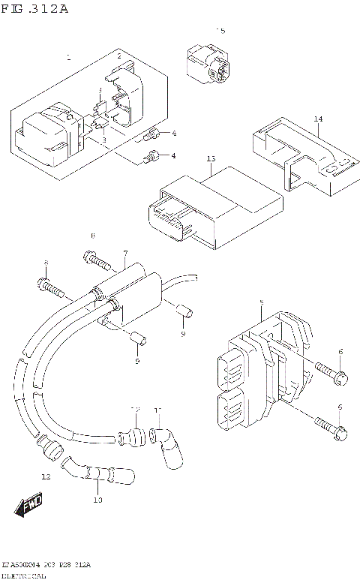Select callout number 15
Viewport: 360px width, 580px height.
point(220,31)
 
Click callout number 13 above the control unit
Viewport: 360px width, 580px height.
point(211,159)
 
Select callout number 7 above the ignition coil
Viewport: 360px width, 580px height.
point(125,253)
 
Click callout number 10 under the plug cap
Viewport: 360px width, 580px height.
point(97,500)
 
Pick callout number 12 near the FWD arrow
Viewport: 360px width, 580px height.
point(46,476)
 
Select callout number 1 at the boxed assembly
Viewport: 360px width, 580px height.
point(68,57)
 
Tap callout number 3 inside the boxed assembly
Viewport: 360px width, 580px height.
point(103,140)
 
